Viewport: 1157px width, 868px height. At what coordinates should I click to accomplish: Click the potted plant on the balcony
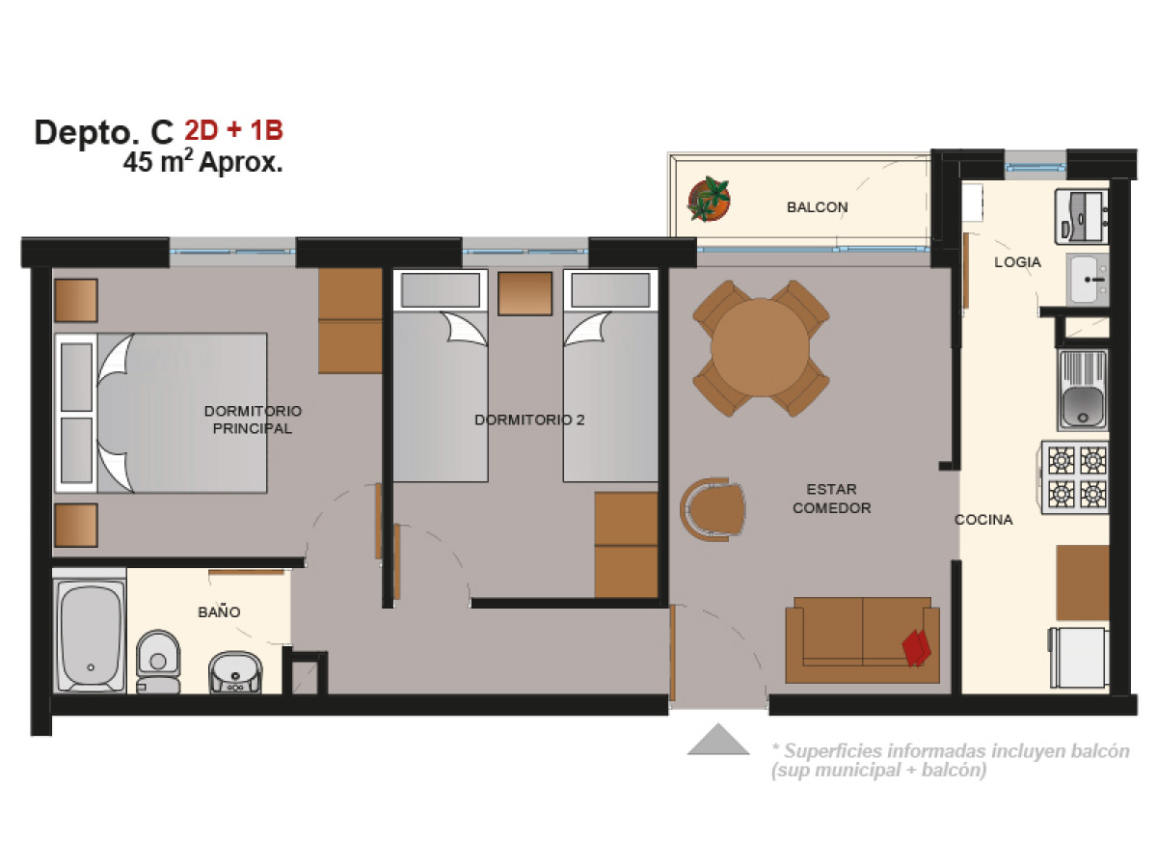[x=709, y=200]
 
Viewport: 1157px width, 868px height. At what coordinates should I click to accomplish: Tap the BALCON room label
[x=817, y=207]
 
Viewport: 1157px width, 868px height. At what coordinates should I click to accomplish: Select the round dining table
[x=760, y=348]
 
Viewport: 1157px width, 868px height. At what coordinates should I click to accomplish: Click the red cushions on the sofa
[x=916, y=648]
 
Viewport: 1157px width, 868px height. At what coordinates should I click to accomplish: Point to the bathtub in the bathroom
[x=90, y=637]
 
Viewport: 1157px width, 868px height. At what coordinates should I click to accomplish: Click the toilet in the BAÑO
[x=158, y=662]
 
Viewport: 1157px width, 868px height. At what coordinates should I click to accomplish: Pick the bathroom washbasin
[x=235, y=672]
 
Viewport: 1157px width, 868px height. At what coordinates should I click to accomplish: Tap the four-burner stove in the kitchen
[x=1075, y=477]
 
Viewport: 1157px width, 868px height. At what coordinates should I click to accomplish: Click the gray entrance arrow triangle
[x=718, y=740]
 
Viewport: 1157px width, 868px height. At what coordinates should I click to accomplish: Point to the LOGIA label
[x=1017, y=262]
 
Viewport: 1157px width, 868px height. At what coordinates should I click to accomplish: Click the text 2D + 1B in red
[x=233, y=130]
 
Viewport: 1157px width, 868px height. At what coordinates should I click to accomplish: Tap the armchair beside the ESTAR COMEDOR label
[x=713, y=509]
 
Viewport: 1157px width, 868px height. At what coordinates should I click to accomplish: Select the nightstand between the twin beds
[x=525, y=293]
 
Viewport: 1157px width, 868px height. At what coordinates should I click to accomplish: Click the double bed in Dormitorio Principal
[x=161, y=413]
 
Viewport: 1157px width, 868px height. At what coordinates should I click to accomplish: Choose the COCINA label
[x=983, y=520]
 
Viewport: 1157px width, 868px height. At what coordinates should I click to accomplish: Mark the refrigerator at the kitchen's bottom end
[x=1079, y=658]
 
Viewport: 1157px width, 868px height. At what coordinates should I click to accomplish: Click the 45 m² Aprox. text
[x=202, y=162]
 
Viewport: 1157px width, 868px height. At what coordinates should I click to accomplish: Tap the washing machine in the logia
[x=1082, y=217]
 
